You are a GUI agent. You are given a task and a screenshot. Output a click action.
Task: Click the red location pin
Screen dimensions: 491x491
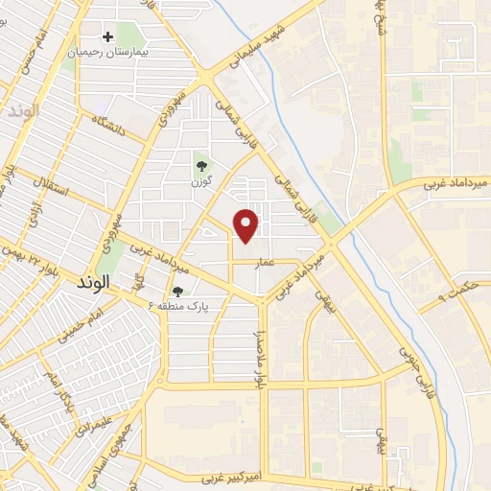tap(247, 225)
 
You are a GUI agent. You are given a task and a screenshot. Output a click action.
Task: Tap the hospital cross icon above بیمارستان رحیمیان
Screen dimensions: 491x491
tap(107, 36)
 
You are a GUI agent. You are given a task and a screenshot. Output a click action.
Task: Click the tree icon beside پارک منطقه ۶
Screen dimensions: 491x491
tap(176, 292)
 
